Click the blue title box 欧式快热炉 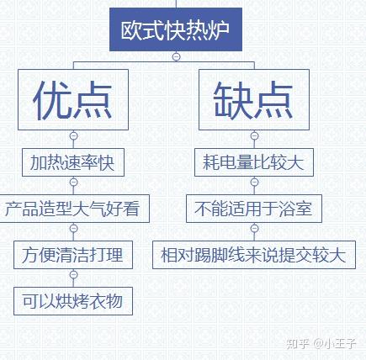tap(176, 29)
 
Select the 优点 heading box tap(73, 100)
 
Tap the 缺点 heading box tap(254, 100)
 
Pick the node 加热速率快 tap(73, 162)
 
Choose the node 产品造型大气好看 tap(73, 209)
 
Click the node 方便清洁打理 tap(73, 255)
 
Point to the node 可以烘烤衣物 tap(73, 301)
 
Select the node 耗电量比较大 tap(254, 162)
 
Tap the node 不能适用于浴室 tap(254, 209)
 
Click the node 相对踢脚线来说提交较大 tap(254, 255)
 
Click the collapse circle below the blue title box tap(176, 56)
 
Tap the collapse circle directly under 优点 tap(73, 135)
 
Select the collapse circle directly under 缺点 tap(254, 135)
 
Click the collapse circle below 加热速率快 tap(73, 182)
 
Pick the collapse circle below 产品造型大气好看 tap(73, 228)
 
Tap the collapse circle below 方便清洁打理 tap(73, 274)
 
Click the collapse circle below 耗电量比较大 tap(254, 182)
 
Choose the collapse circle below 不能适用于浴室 tap(254, 228)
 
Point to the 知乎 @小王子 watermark tap(321, 343)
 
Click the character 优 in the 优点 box tap(52, 100)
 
